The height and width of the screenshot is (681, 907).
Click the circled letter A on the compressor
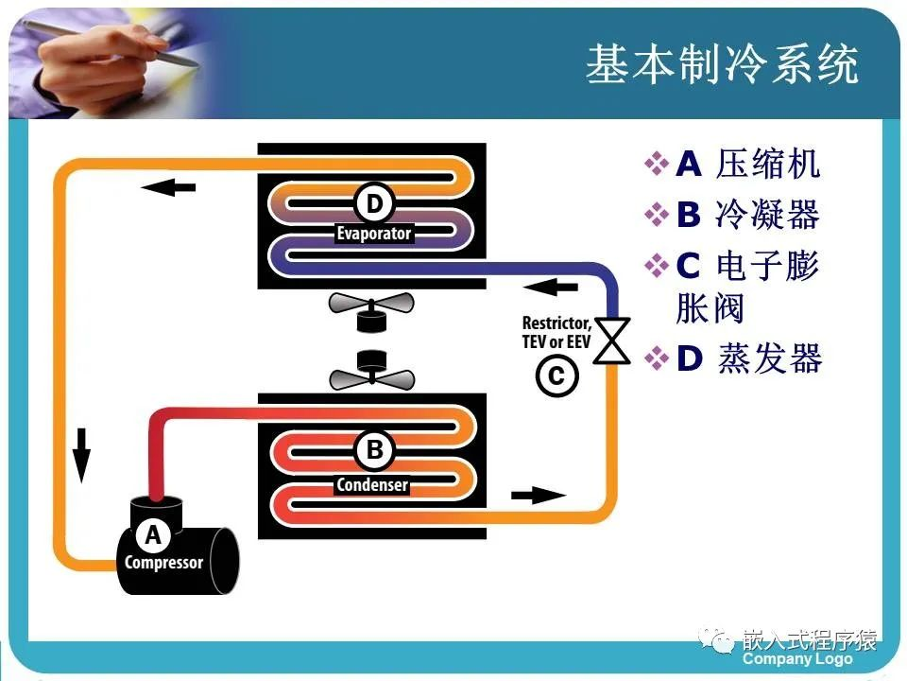point(153,535)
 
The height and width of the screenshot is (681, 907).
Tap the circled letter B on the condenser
point(374,451)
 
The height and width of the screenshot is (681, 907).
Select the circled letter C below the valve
point(556,376)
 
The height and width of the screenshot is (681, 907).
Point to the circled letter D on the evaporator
point(374,202)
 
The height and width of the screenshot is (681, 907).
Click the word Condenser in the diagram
point(373,485)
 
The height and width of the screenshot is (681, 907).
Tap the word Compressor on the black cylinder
point(163,563)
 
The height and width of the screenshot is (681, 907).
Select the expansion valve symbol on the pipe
point(615,340)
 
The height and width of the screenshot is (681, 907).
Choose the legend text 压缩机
point(767,165)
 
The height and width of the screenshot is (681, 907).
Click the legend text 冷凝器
point(767,216)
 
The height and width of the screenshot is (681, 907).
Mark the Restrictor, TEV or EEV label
point(556,331)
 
